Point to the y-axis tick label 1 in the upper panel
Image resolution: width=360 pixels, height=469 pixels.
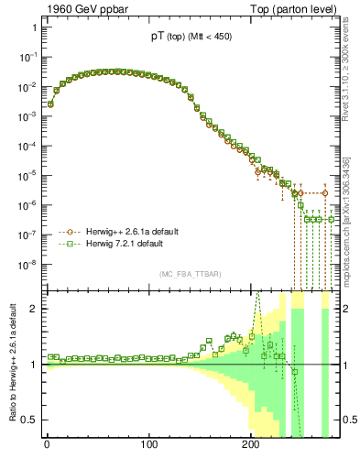click(34, 27)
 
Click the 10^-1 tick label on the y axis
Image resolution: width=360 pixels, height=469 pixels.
click(28, 58)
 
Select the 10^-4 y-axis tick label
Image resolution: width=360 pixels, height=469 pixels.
click(28, 147)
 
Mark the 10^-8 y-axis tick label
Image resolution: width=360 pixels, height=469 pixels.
click(28, 265)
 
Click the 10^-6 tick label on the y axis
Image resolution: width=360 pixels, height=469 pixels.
click(28, 206)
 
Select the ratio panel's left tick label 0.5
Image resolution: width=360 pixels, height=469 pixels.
click(30, 420)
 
